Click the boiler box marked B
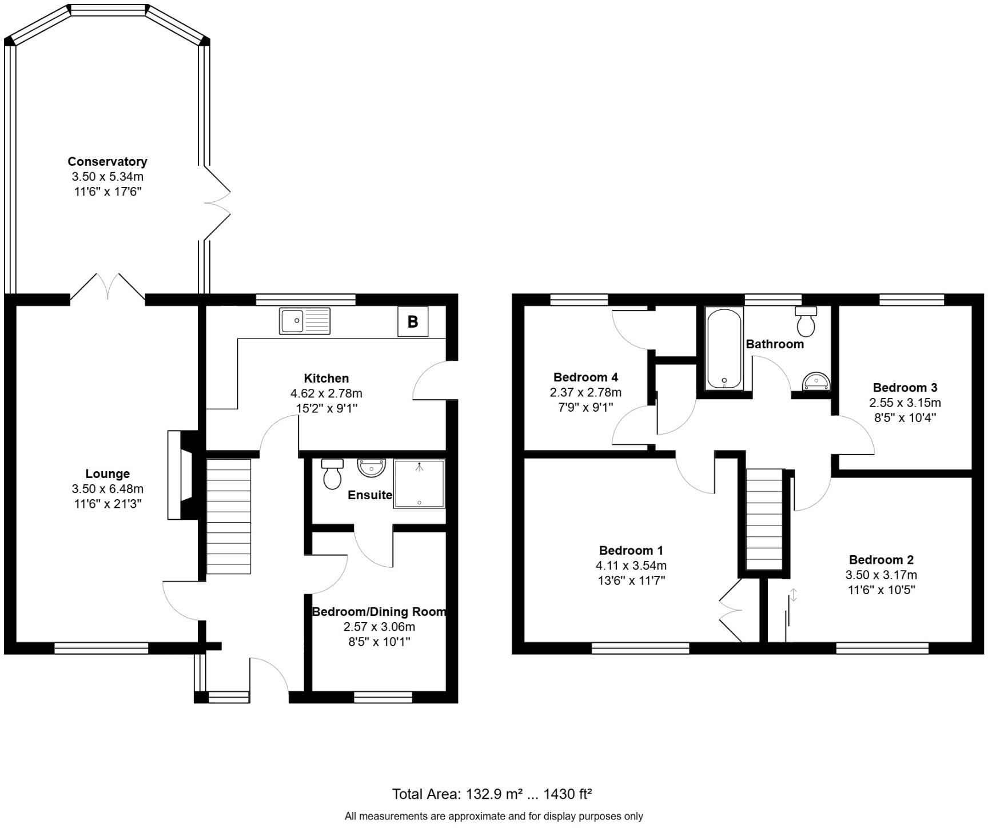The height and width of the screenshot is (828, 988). (412, 321)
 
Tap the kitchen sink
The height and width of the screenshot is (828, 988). (304, 320)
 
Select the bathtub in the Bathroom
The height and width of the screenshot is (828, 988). (724, 349)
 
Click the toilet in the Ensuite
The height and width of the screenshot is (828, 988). (332, 474)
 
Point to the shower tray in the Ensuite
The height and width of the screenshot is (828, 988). (419, 484)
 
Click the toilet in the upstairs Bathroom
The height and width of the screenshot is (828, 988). (806, 322)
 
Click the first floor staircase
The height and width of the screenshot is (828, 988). (764, 519)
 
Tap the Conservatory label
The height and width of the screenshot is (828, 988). (107, 161)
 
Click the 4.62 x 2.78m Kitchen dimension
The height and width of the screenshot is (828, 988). (326, 393)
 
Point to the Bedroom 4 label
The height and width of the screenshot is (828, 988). (585, 377)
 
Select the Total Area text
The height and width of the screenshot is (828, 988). (492, 794)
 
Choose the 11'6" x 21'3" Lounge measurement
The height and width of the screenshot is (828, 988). (107, 504)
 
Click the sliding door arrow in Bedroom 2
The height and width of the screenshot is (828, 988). (794, 595)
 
